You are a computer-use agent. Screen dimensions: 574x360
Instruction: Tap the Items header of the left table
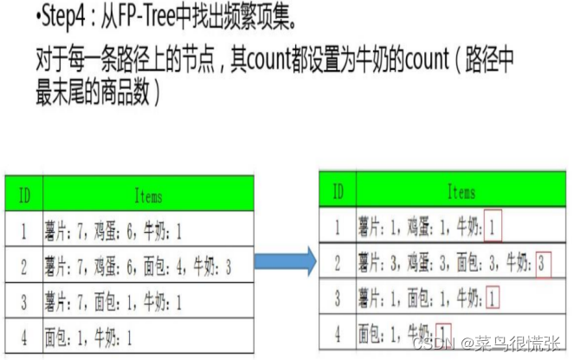pos(148,196)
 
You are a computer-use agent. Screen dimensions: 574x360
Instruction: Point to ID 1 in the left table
pos(24,233)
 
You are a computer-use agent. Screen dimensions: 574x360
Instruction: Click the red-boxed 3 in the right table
pos(543,262)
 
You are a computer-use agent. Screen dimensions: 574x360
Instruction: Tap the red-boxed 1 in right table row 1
pos(493,228)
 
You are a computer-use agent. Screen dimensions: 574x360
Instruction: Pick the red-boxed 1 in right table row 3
pos(493,299)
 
